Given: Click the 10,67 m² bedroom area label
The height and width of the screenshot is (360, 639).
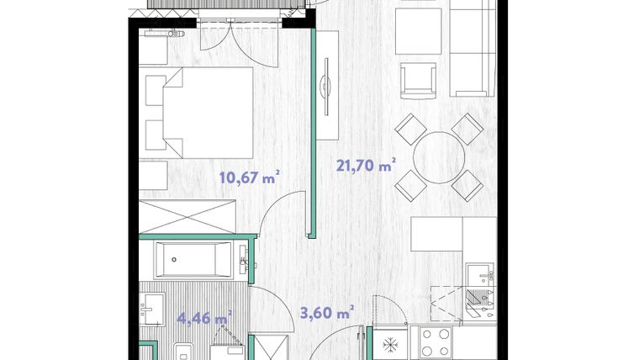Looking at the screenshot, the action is coord(250,177).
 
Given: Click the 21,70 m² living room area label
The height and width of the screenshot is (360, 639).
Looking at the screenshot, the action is coord(366,166).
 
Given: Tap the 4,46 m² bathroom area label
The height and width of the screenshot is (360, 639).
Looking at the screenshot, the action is coord(204,317).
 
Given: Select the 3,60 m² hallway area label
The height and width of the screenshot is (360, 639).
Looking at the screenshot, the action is coord(327,313).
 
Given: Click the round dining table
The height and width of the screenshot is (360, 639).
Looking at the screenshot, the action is coord(439,157).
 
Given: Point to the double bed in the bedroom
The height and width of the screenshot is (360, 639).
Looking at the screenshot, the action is coord(200,113).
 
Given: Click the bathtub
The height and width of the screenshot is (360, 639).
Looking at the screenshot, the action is coord(194,259).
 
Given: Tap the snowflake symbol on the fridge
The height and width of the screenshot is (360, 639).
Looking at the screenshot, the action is coord(390,346).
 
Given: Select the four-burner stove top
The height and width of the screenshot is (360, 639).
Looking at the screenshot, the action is coord(436,342).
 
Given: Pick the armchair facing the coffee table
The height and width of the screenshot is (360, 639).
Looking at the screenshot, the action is coord(418,81).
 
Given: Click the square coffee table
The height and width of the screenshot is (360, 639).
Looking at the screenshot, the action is coord(419,31).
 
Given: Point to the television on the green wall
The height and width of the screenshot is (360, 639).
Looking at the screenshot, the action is coord(325,87).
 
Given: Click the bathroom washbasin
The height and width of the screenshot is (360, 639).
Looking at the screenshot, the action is coord(152,309).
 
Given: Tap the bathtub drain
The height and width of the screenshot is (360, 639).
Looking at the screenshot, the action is coord(174,259).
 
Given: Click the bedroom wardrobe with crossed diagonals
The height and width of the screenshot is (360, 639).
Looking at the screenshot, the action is coord(187,216).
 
